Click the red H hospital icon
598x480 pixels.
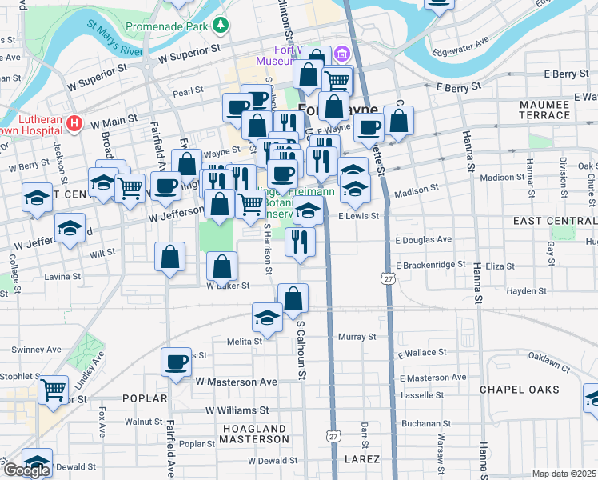tap(75, 123)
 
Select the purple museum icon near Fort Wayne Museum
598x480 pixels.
tap(342, 54)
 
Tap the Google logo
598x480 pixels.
tap(26, 470)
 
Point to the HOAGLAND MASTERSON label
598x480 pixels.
tap(253, 434)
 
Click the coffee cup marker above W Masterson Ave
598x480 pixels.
tap(176, 362)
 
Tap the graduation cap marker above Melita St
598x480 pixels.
tap(267, 317)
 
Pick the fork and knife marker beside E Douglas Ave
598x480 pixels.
tap(300, 240)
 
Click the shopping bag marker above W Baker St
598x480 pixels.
tap(221, 266)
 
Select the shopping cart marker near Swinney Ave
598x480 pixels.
tap(54, 390)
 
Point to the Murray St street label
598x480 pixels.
tap(357, 337)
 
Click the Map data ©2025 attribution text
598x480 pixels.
tap(564, 474)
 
